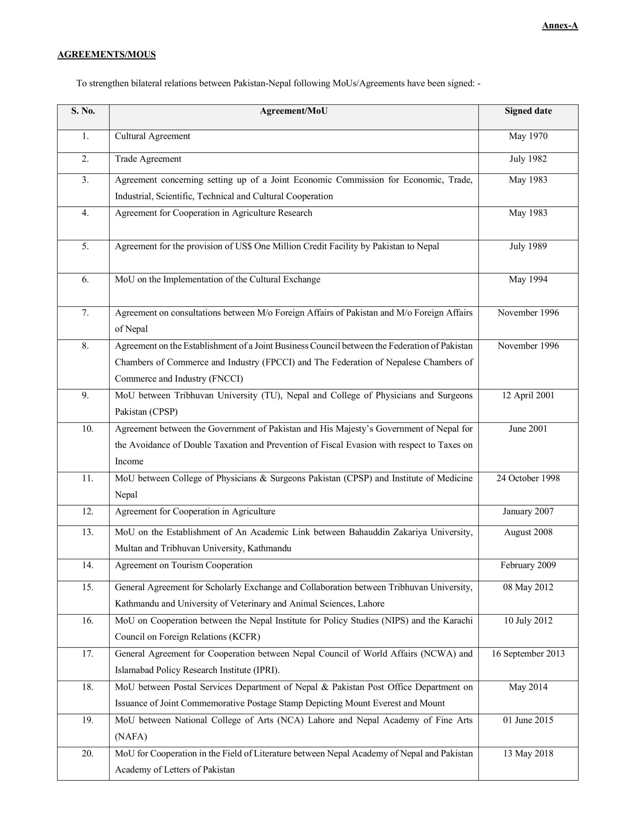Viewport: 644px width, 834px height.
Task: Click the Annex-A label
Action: [x=560, y=26]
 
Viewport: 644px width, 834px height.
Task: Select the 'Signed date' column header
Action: [x=528, y=111]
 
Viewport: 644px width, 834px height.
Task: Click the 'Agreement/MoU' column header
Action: [x=294, y=111]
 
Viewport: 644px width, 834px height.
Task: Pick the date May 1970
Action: [x=528, y=136]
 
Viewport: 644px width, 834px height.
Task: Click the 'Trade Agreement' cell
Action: [x=148, y=159]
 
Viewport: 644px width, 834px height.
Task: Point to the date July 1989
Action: [x=528, y=246]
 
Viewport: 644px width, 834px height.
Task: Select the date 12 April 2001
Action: [x=528, y=395]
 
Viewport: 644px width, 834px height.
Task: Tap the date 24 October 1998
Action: [x=528, y=478]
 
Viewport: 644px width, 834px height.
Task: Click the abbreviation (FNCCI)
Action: [x=226, y=379]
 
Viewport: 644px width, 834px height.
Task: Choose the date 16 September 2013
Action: [x=528, y=654]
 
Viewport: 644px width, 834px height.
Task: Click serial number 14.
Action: [x=88, y=565]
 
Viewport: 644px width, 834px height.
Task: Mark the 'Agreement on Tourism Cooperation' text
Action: [x=184, y=565]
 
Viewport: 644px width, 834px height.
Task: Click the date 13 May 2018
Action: [x=528, y=754]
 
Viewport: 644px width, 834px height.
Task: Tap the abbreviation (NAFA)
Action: [x=131, y=736]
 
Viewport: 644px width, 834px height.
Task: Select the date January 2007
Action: [x=528, y=511]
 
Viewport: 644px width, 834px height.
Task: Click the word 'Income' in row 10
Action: [x=129, y=461]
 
